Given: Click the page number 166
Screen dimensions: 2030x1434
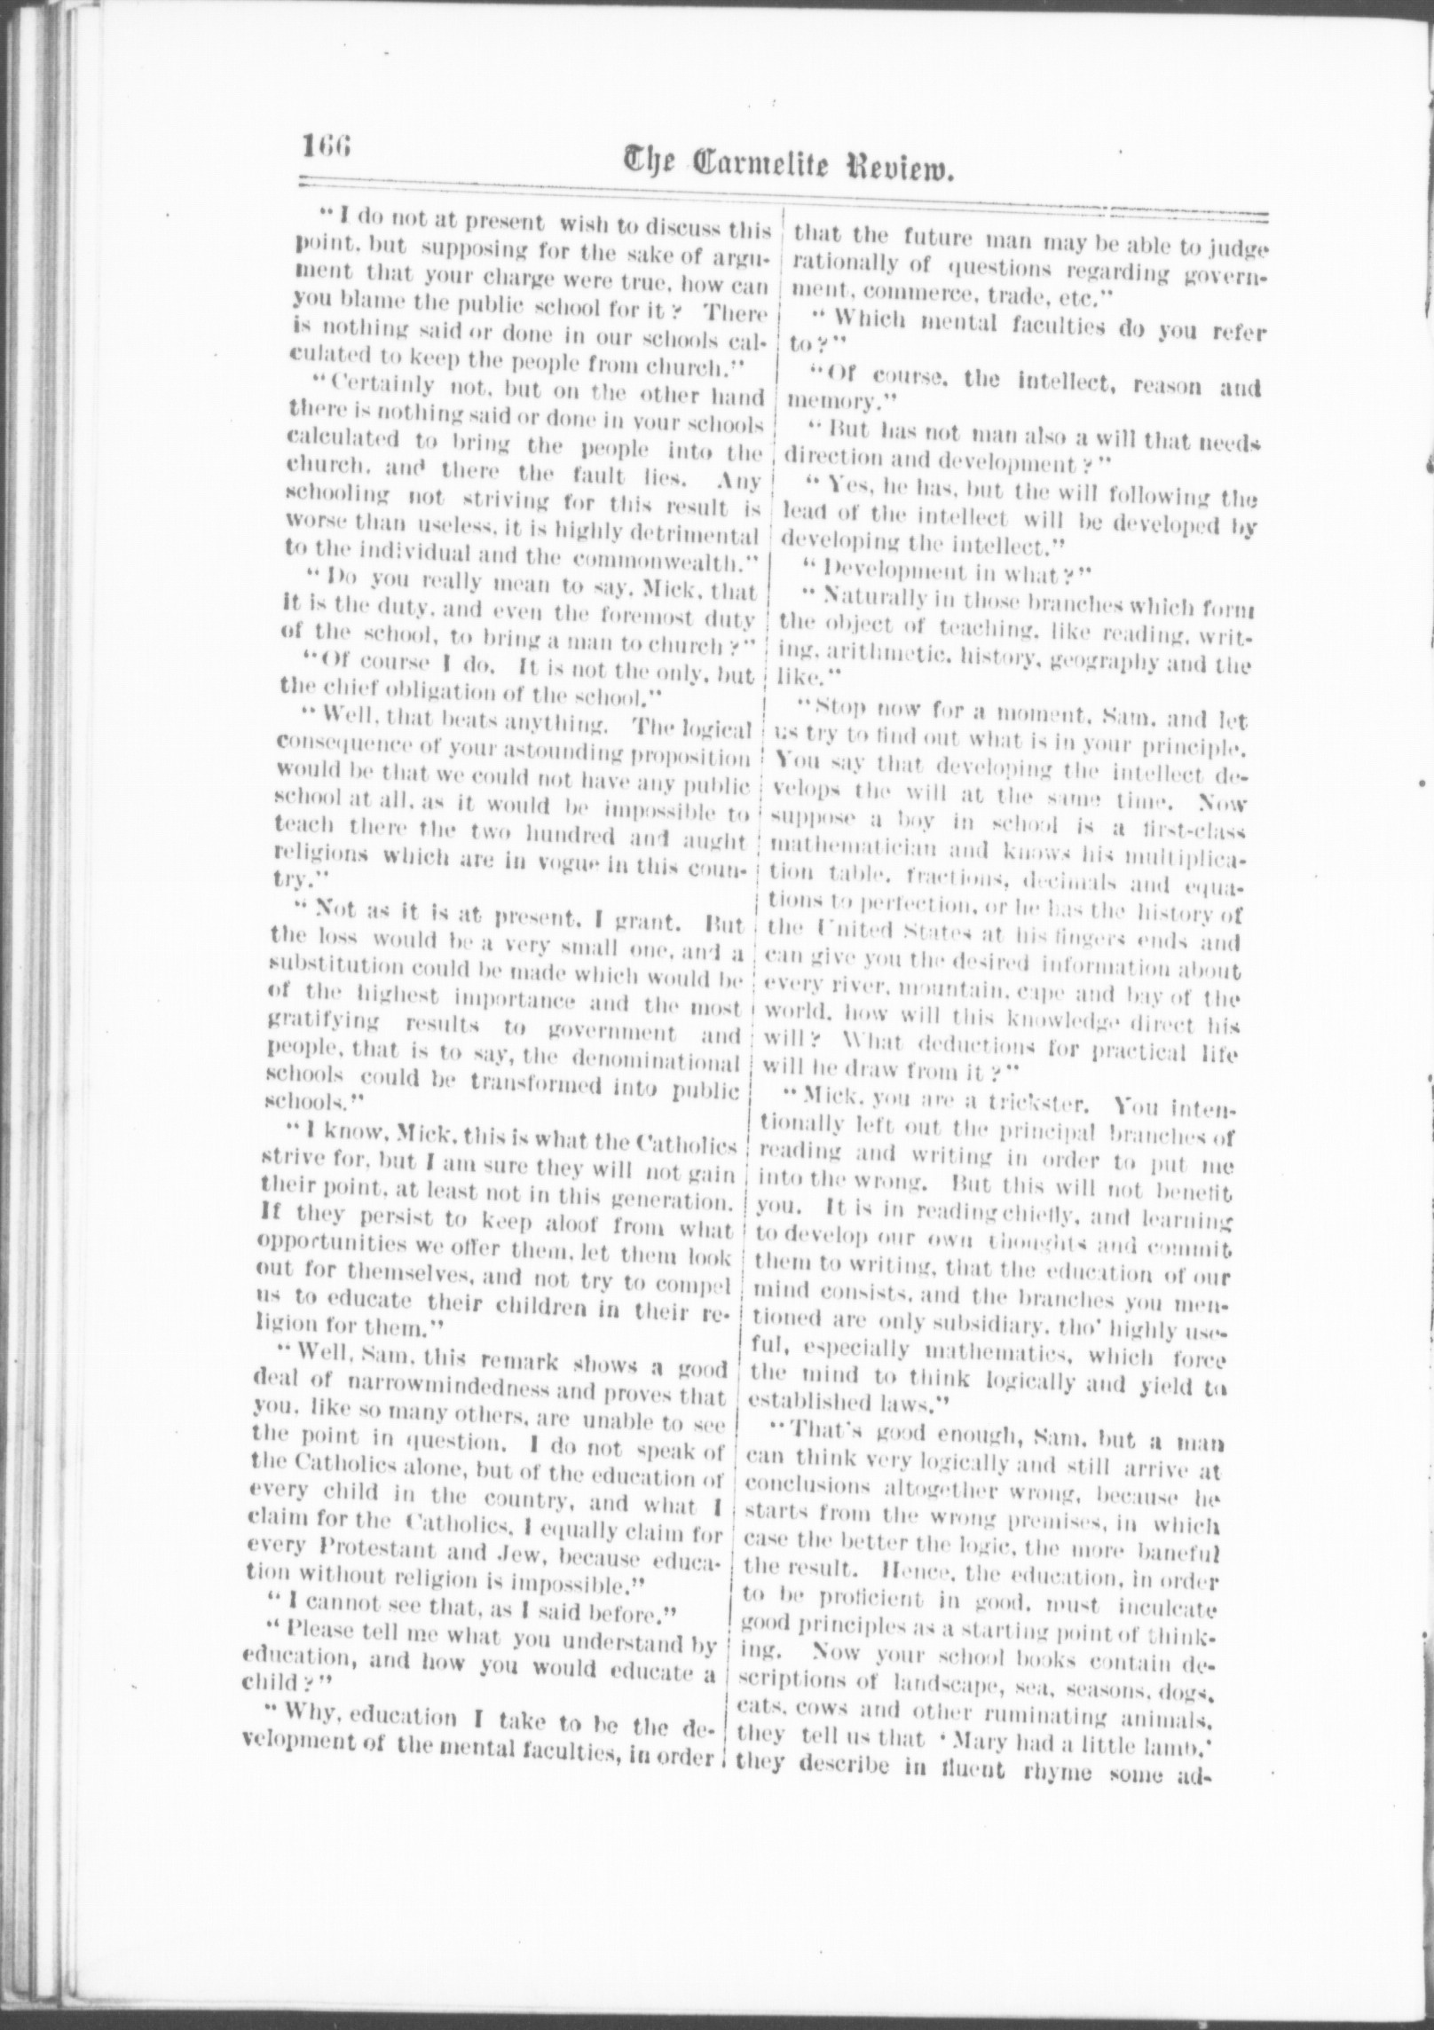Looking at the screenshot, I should [x=327, y=145].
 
